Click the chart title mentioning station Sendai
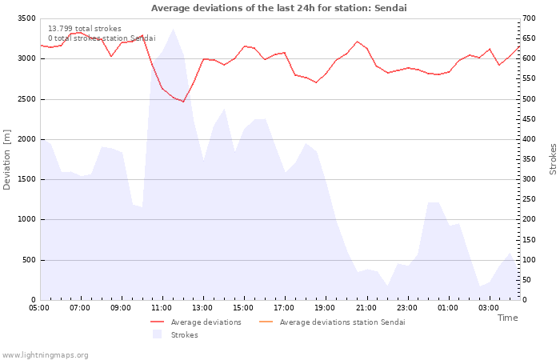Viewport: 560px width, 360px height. pos(279,8)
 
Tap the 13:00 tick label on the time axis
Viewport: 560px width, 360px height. pos(202,308)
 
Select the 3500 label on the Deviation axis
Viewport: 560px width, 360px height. pos(26,18)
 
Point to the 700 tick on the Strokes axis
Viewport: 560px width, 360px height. pos(529,18)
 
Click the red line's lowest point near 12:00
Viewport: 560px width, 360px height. pos(183,102)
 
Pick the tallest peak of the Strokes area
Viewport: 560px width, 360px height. pos(173,29)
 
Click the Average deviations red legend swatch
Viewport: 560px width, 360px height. pos(157,322)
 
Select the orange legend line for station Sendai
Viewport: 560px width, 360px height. pos(266,322)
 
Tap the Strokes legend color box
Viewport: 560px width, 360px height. pos(157,334)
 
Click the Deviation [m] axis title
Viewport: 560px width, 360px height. pos(6,160)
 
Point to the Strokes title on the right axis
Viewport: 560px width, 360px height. pos(553,159)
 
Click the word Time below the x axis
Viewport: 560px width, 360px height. pos(507,318)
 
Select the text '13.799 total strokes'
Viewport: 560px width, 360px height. pos(85,29)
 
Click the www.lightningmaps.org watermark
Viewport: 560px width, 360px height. pos(45,355)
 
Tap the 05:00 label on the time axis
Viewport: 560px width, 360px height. pos(39,308)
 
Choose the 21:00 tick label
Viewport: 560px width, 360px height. pos(366,308)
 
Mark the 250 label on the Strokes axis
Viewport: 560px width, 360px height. pos(529,199)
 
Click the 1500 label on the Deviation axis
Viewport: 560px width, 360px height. pos(26,179)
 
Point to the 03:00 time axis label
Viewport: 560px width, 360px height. pos(489,308)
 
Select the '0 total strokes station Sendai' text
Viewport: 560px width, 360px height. pos(102,38)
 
